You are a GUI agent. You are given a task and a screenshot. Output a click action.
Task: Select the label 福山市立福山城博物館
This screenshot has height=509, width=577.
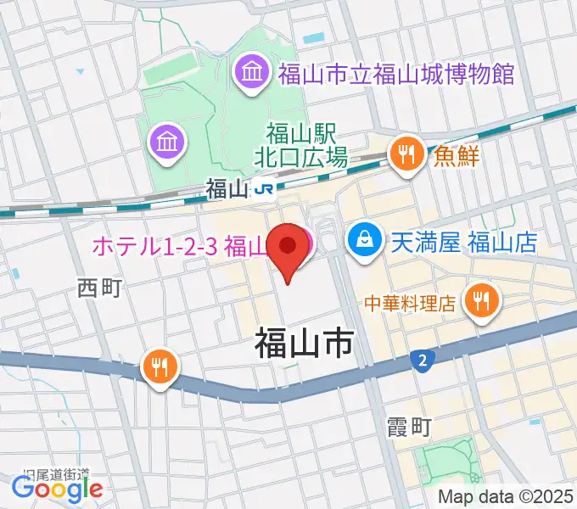[396, 74]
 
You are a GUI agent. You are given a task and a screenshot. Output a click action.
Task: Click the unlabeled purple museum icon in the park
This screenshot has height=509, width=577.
[165, 139]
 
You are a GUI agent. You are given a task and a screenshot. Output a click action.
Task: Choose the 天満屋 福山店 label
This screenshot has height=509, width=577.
[464, 243]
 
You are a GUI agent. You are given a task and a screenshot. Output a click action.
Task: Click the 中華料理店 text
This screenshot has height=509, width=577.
[412, 301]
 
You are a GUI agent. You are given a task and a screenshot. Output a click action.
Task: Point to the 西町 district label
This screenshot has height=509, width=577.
[100, 288]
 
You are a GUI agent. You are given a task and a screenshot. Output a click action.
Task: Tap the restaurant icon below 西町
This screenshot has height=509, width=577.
[160, 367]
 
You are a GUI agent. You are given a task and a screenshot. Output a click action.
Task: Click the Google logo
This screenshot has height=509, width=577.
[57, 489]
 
